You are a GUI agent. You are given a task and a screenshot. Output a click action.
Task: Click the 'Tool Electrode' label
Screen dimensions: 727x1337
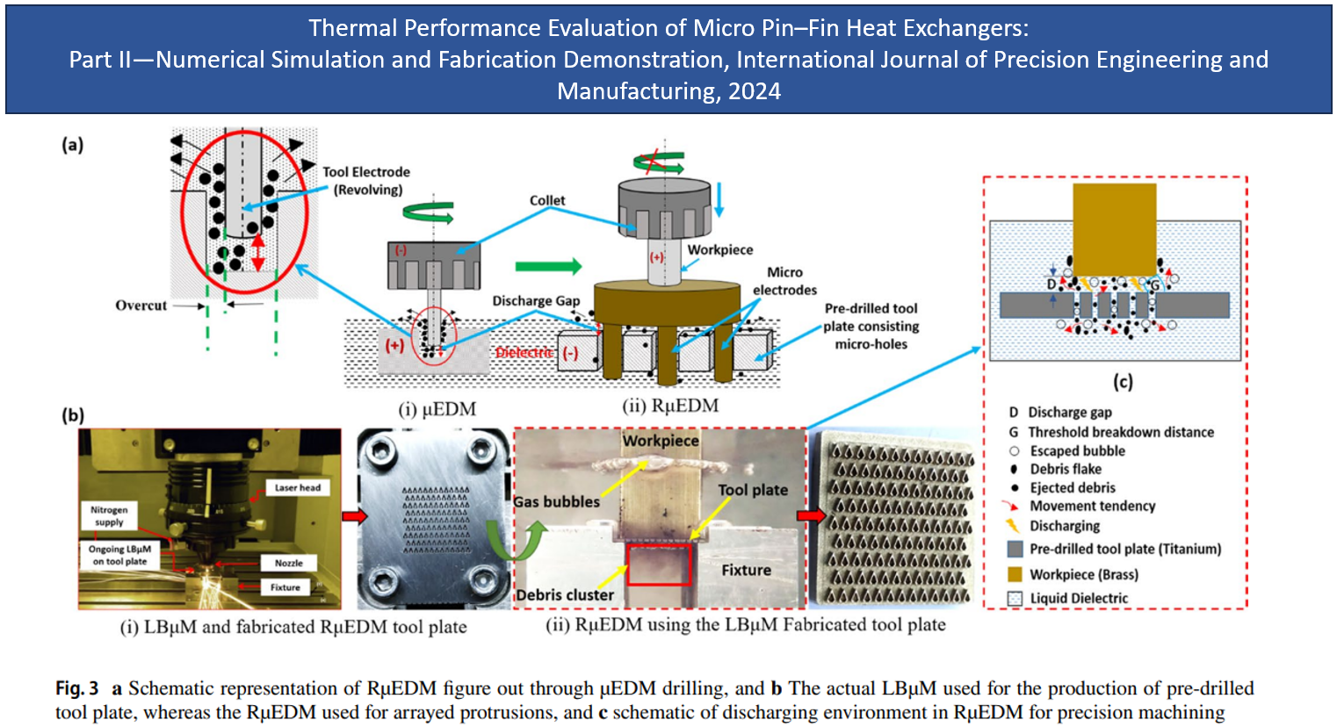(x=366, y=172)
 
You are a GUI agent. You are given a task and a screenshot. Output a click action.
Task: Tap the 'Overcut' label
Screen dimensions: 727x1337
(x=141, y=306)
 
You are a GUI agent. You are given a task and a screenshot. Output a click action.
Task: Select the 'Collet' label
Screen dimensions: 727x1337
(x=547, y=200)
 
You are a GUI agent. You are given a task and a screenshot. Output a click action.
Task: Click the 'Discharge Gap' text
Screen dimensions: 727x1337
(x=536, y=300)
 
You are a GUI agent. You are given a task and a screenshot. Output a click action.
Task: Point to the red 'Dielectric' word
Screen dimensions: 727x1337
(x=524, y=353)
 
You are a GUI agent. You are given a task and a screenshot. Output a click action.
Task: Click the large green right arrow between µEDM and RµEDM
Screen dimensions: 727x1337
(x=548, y=266)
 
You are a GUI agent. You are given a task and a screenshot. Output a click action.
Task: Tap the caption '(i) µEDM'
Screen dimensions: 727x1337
(x=437, y=409)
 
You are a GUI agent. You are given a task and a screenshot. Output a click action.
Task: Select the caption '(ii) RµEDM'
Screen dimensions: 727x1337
(x=670, y=406)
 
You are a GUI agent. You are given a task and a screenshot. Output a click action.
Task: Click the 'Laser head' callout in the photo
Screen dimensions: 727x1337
(x=298, y=487)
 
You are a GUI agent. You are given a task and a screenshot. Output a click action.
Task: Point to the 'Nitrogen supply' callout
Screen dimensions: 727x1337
(x=109, y=515)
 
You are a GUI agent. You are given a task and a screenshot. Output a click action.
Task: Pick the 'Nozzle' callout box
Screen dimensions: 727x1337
(x=288, y=563)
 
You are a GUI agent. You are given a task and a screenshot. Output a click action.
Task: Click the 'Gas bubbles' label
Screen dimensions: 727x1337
(x=556, y=502)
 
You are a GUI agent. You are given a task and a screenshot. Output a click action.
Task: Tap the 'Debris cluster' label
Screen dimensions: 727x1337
(x=565, y=594)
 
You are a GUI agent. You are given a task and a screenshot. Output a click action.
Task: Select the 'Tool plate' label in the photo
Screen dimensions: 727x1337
(x=753, y=490)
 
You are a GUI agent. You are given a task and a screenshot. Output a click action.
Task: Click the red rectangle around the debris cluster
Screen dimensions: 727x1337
(x=659, y=565)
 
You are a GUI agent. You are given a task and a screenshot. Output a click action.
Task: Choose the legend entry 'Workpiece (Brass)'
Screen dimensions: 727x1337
(x=1083, y=574)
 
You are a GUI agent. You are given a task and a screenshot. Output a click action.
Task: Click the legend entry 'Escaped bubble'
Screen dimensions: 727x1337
(x=1077, y=450)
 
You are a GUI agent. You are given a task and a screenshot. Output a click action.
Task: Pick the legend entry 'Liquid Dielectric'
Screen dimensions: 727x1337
(x=1079, y=598)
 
